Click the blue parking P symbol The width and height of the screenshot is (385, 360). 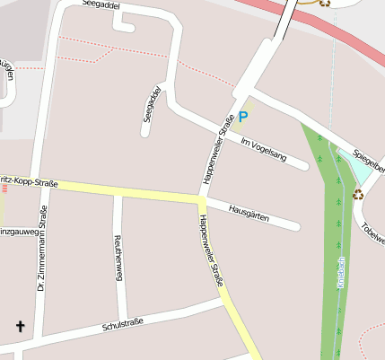tap(243, 118)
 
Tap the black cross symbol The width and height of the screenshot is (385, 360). tap(20, 327)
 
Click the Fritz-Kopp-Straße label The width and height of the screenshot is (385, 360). tap(30, 182)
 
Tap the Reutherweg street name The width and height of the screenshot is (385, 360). tap(118, 259)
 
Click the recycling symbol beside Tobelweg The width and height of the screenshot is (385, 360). tap(358, 194)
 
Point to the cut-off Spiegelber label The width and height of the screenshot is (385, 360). tap(369, 159)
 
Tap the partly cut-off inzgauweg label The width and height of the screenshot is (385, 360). tap(20, 232)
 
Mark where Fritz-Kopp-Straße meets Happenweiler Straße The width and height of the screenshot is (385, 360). tap(200, 197)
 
